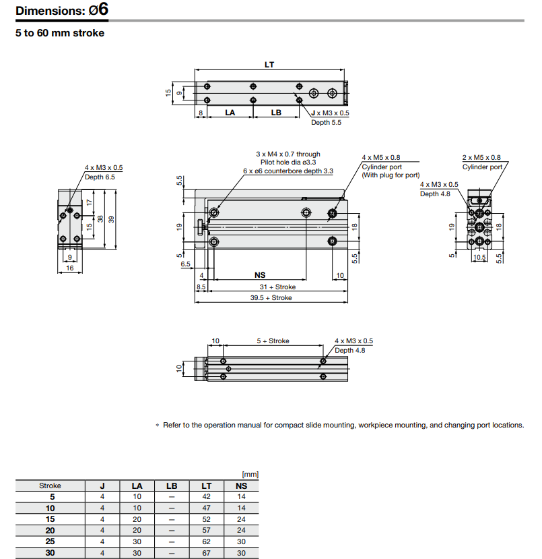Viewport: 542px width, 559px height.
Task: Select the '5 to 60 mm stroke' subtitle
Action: pos(60,32)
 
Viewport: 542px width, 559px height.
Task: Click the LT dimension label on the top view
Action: pos(269,65)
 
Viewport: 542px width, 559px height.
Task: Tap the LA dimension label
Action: pos(230,113)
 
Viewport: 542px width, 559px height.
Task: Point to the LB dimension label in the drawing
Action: pos(276,113)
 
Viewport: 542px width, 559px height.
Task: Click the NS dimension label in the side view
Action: pos(260,275)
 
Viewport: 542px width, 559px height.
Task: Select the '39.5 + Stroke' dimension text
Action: pos(271,297)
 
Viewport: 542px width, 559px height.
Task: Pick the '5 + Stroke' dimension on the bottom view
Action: pos(273,341)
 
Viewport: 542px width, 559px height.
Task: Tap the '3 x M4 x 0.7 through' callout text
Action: pos(288,154)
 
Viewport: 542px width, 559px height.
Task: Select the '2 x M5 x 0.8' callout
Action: pos(481,157)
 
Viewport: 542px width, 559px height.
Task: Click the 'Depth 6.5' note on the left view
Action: pos(100,177)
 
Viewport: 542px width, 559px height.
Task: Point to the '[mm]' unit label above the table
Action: pos(250,475)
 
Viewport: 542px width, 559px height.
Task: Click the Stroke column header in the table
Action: pos(50,485)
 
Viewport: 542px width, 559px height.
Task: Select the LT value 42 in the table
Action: pos(206,496)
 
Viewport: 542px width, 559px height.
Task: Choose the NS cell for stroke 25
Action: pos(241,541)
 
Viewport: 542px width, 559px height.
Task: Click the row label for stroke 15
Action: pos(50,519)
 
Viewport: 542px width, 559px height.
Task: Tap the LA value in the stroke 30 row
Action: pos(137,553)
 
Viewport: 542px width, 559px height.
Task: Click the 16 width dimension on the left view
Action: pos(69,268)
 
